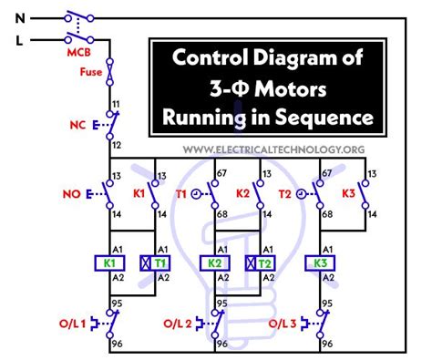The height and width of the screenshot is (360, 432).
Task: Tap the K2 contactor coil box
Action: [x=216, y=263]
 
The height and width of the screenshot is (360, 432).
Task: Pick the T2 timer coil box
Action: [x=264, y=263]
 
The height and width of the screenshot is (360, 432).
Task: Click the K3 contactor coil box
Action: [x=321, y=263]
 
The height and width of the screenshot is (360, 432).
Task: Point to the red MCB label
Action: [x=77, y=52]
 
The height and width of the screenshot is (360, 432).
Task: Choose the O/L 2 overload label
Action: [x=180, y=322]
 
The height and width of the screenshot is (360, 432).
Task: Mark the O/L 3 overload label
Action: [x=284, y=322]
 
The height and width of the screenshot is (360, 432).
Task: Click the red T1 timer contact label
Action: [x=182, y=194]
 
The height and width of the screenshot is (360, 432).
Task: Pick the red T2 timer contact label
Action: [x=287, y=194]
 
